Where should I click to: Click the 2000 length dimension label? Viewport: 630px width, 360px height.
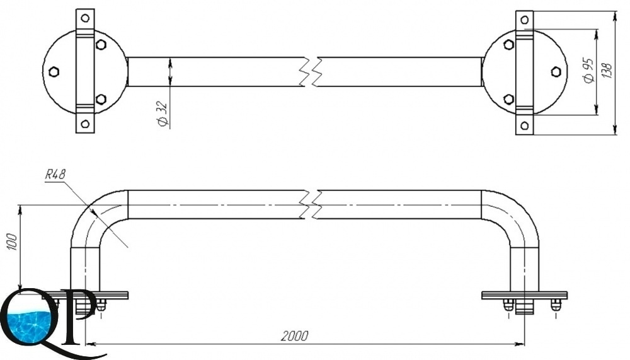tap(295, 335)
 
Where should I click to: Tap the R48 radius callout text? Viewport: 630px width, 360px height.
tap(55, 175)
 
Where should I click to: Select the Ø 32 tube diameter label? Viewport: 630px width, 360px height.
tap(163, 114)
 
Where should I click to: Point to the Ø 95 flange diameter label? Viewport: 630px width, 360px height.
tap(588, 71)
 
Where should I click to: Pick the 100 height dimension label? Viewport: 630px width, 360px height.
tap(13, 241)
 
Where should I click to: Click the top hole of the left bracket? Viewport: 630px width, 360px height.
tap(85, 18)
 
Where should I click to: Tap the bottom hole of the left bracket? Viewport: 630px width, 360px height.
tap(85, 124)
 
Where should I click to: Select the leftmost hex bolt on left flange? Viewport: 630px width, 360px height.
tap(54, 72)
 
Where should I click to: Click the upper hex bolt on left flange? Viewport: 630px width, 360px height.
tap(101, 45)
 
